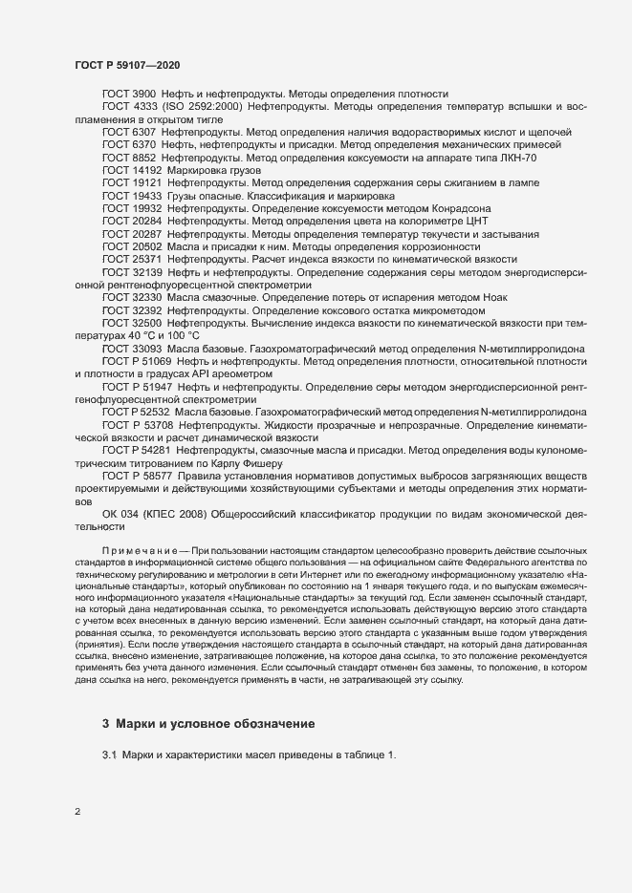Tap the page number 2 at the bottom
click(x=77, y=813)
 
